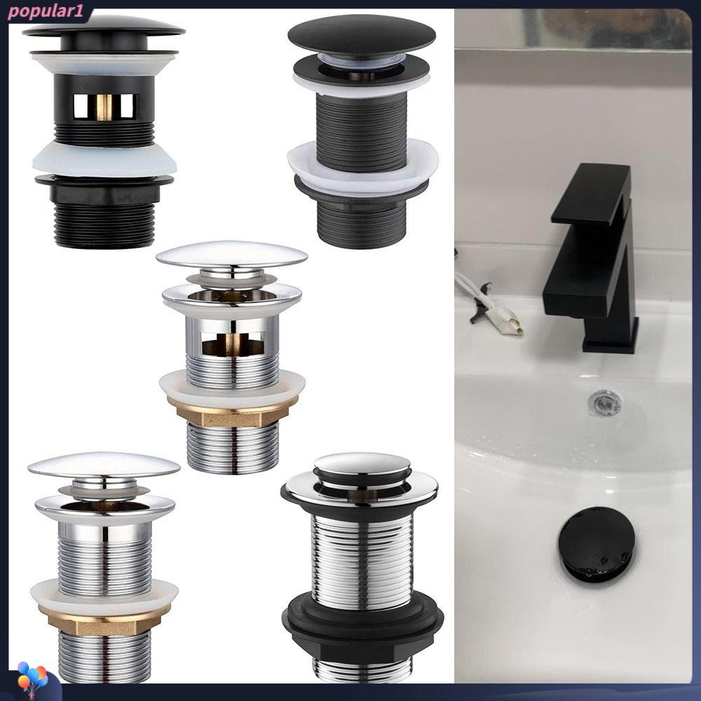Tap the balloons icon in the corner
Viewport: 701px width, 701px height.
[x=33, y=681]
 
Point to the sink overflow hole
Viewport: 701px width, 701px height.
[x=604, y=402]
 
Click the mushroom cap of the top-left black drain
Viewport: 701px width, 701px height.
[x=104, y=28]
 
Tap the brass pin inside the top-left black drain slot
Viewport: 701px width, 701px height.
[x=104, y=107]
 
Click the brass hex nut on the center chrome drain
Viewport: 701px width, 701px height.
[x=231, y=411]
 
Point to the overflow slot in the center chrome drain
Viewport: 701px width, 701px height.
[x=233, y=343]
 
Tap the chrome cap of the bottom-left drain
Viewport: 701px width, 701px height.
[x=104, y=465]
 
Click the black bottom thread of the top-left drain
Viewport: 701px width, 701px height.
[x=104, y=225]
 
